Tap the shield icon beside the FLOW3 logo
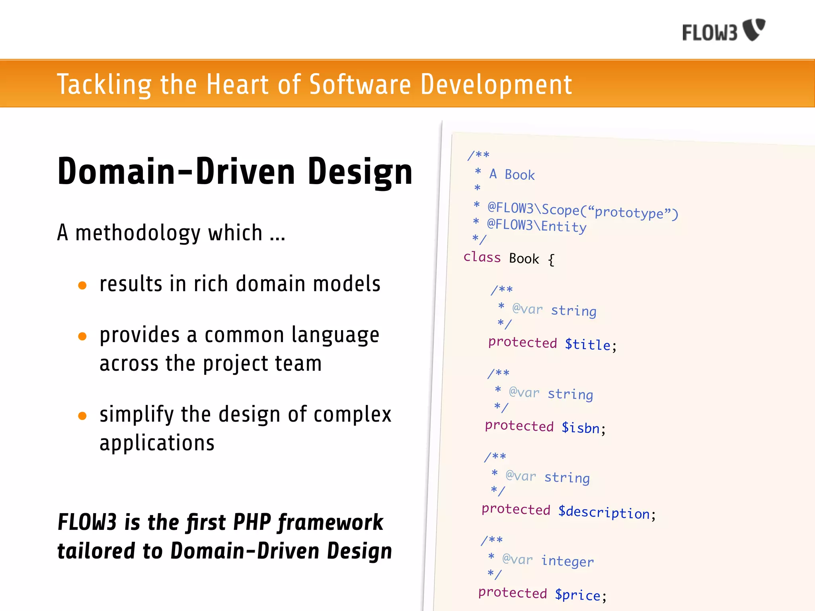755,29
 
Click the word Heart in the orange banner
237,84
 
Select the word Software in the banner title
360,84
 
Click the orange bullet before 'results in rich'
82,285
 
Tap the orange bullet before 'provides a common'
82,337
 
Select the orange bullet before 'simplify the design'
82,416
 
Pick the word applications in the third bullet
157,443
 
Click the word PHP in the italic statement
252,522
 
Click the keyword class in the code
482,257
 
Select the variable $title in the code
588,344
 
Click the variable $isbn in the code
581,428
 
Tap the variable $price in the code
578,595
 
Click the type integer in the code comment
567,561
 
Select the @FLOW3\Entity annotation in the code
537,226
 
